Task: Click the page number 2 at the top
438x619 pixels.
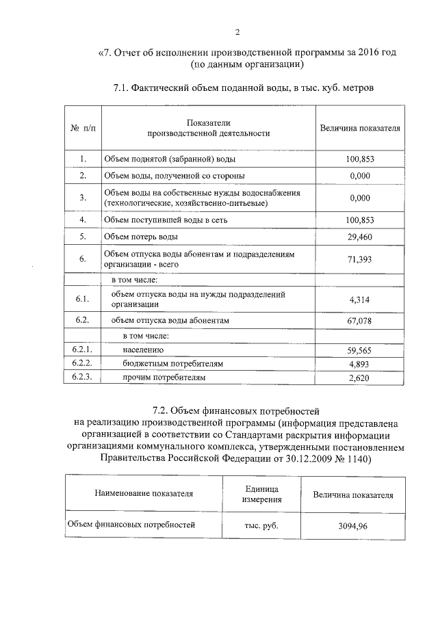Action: (237, 31)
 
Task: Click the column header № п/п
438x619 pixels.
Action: (82, 128)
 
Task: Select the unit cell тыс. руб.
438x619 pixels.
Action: (260, 526)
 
